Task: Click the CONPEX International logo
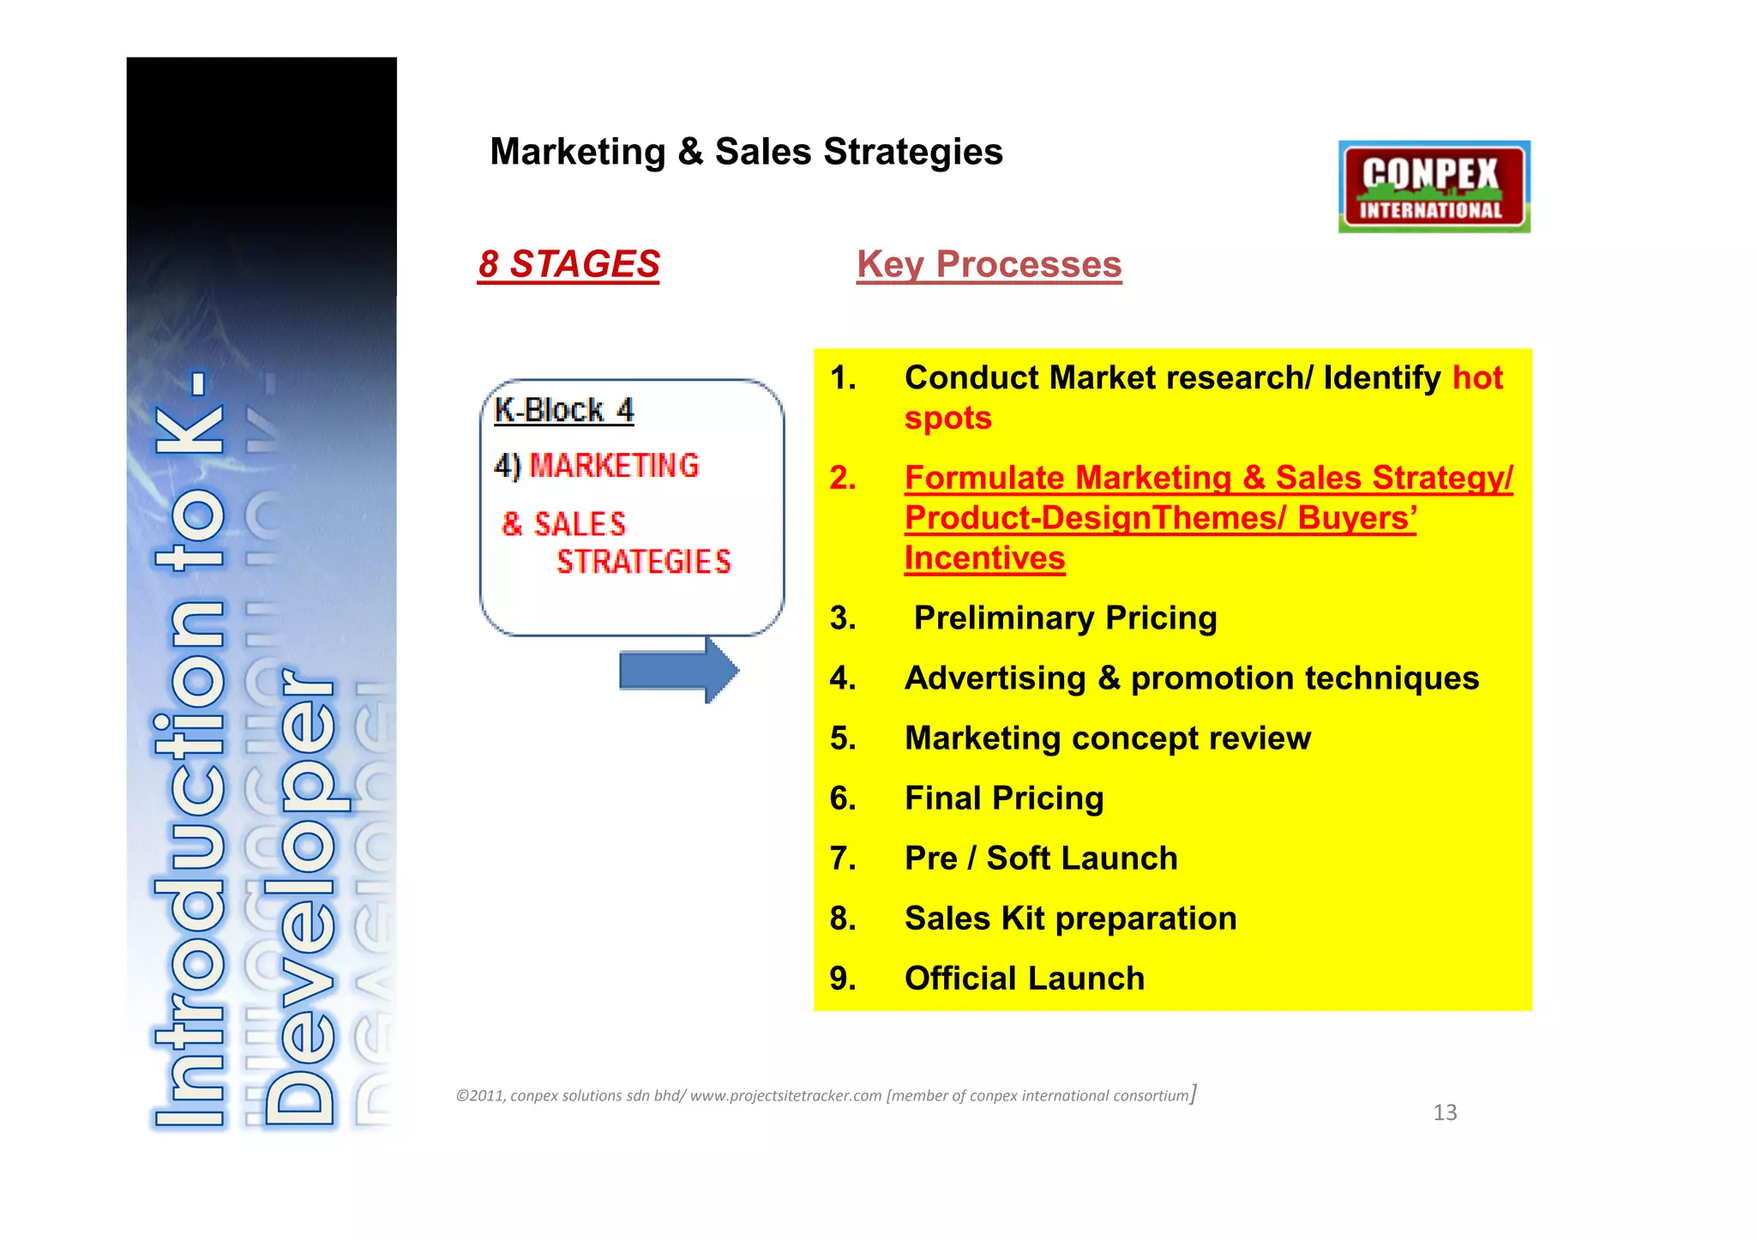[1434, 187]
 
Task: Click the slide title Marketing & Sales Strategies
[746, 152]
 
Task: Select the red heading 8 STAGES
[569, 264]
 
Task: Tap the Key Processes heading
[989, 264]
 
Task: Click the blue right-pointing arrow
[678, 671]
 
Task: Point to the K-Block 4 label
[563, 411]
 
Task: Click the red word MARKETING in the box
[614, 466]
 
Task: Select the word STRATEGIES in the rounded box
[644, 563]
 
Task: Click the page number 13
[1445, 1112]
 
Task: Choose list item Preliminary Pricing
[1065, 618]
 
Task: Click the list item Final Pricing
[1004, 798]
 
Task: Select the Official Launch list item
[1025, 979]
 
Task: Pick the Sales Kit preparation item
[1070, 919]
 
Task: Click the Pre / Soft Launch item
[1041, 858]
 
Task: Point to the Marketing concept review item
[1108, 738]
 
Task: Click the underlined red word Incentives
[984, 558]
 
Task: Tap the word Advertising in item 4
[995, 678]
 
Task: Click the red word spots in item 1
[947, 419]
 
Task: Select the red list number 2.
[842, 478]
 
